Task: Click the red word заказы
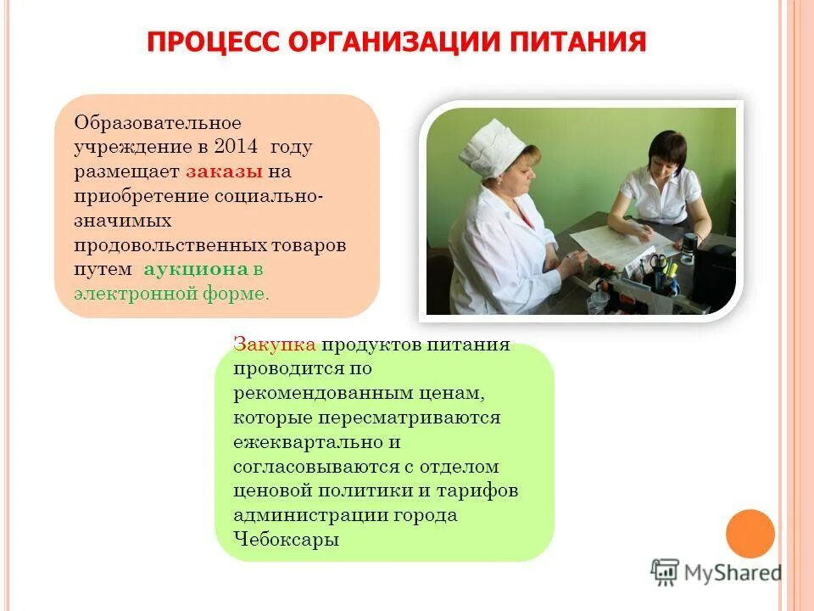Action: (224, 172)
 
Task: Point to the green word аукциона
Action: (195, 270)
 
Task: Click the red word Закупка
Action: (274, 345)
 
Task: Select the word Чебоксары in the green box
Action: (288, 541)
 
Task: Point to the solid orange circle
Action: (750, 534)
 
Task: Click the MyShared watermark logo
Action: (716, 572)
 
